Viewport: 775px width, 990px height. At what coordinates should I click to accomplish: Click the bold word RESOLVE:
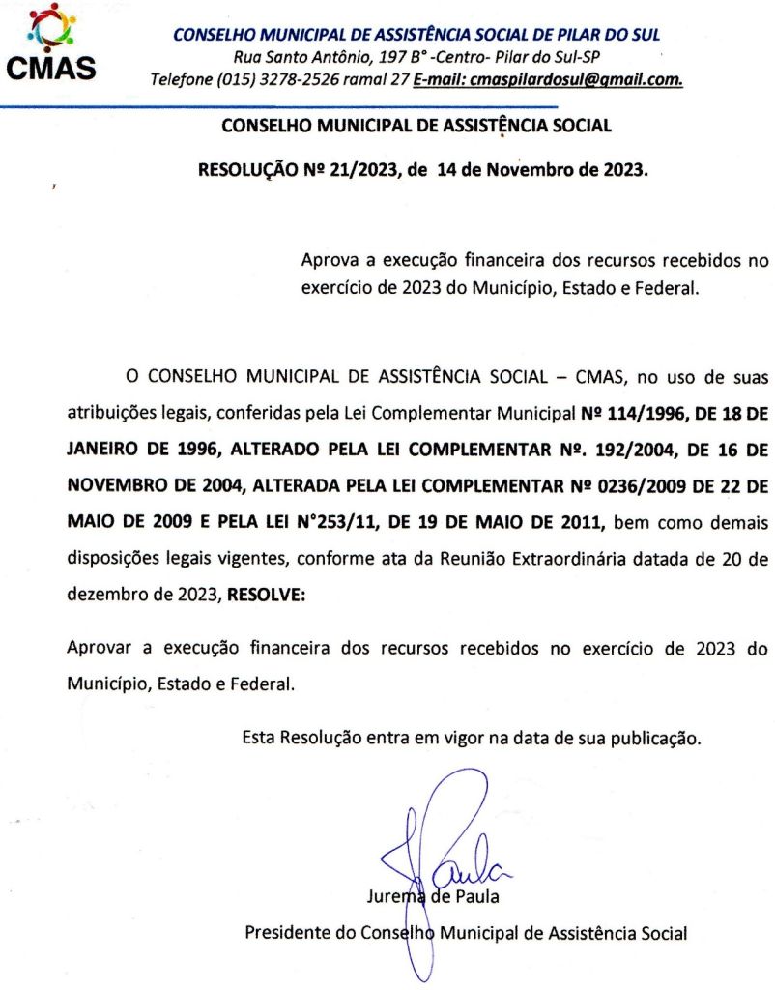pos(265,597)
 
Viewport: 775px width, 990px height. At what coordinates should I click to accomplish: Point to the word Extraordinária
pos(588,560)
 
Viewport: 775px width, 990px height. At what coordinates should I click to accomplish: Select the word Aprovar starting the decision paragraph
pos(100,648)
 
